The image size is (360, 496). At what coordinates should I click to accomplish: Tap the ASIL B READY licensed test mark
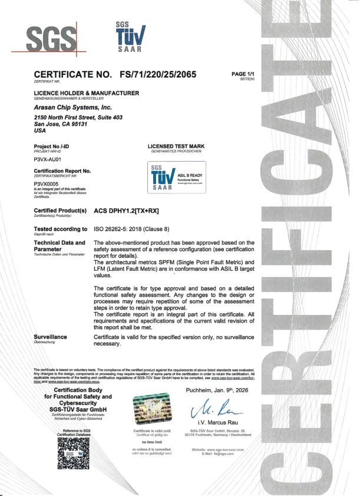(177, 177)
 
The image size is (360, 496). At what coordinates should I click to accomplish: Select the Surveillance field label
(50, 336)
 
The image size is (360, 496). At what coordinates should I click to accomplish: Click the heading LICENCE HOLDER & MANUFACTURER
(87, 93)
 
